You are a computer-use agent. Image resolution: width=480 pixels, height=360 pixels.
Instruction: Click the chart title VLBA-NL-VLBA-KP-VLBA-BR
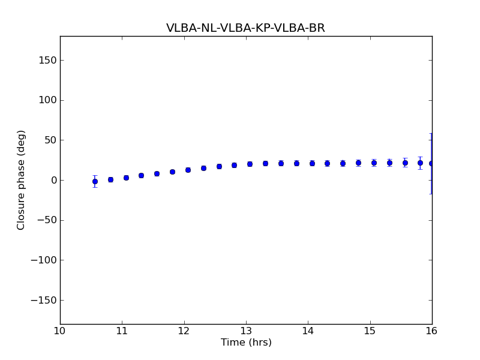pos(245,28)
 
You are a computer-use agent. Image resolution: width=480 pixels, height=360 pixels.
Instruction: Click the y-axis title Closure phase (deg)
pos(22,180)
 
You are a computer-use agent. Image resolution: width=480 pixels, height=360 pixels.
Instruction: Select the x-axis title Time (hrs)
pos(246,343)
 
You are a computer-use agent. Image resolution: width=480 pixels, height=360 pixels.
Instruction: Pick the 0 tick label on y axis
pos(53,180)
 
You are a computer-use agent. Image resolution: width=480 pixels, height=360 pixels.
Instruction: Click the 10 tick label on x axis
pos(60,331)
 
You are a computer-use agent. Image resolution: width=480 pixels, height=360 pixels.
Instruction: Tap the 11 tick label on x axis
pos(122,331)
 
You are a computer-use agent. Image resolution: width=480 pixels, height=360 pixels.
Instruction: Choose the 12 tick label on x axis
pos(184,331)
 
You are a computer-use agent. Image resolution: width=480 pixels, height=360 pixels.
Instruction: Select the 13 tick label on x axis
pos(246,331)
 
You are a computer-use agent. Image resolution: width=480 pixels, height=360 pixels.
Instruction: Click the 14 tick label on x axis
pos(308,331)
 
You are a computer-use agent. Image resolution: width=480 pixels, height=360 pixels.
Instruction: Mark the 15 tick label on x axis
pos(370,331)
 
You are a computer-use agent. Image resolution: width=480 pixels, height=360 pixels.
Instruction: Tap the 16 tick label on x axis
pos(432,331)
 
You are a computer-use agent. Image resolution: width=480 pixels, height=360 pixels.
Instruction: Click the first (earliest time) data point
pos(95,181)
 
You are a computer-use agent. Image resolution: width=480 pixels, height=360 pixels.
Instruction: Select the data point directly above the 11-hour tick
pos(126,178)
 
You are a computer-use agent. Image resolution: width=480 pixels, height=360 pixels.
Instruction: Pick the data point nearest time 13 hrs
pos(250,164)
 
